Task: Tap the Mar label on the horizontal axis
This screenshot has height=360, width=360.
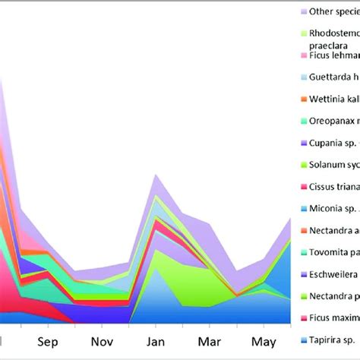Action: click(209, 341)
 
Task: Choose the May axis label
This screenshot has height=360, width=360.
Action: click(264, 341)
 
